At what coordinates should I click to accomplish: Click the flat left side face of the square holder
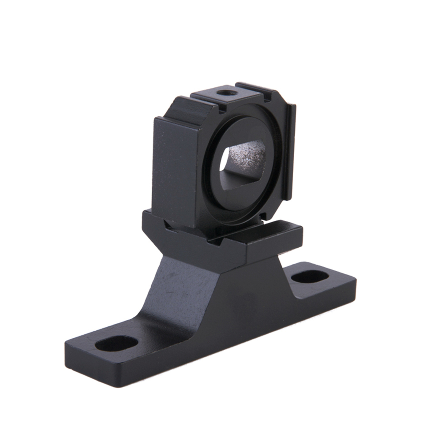point(174,172)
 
